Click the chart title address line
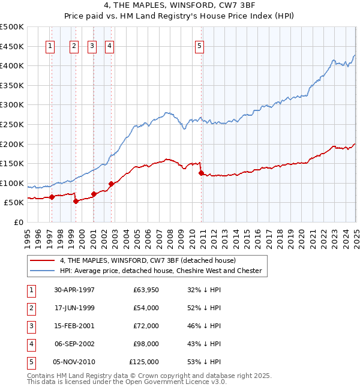pyautogui.click(x=179, y=7)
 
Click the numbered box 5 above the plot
pyautogui.click(x=200, y=46)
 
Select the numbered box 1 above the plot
pyautogui.click(x=51, y=46)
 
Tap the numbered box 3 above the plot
pyautogui.click(x=92, y=46)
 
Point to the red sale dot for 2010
pyautogui.click(x=201, y=173)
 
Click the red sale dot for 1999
pyautogui.click(x=76, y=201)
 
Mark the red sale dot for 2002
pyautogui.click(x=111, y=184)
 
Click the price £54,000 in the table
pyautogui.click(x=145, y=308)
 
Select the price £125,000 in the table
pyautogui.click(x=144, y=362)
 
